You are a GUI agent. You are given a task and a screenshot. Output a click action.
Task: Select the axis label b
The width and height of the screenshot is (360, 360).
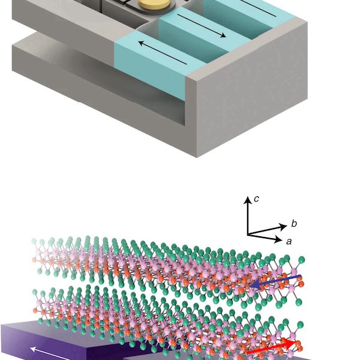tap(294, 224)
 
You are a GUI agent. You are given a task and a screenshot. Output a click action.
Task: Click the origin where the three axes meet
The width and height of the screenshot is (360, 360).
tap(248, 235)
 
